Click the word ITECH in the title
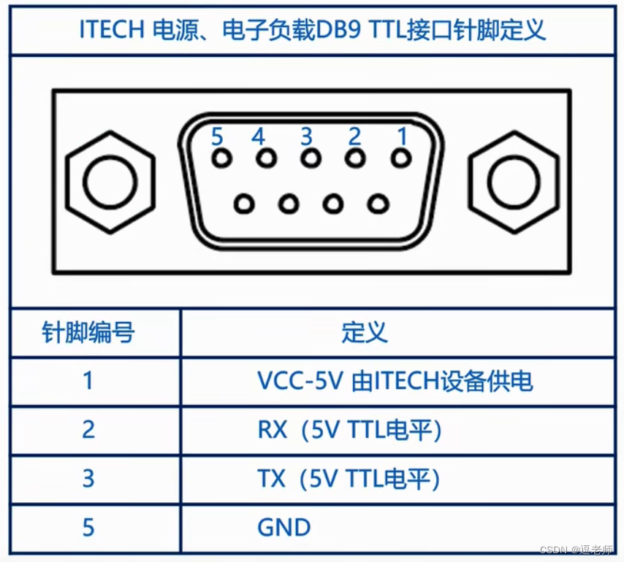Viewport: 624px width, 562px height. click(112, 31)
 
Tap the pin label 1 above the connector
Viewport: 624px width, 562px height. click(400, 136)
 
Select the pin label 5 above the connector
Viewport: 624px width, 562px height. click(216, 136)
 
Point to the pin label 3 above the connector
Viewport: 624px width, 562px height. click(307, 136)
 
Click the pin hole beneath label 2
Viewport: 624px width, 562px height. click(355, 158)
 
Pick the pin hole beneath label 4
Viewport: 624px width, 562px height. click(266, 158)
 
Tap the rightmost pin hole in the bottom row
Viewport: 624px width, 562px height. click(378, 203)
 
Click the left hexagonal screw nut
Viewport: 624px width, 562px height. click(110, 181)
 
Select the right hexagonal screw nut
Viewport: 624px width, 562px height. click(514, 181)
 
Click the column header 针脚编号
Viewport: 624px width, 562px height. click(88, 334)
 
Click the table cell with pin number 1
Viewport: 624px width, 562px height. click(88, 381)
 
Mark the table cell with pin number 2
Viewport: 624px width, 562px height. click(88, 430)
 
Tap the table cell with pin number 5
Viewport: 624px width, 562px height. click(88, 528)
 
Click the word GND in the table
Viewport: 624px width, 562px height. click(284, 528)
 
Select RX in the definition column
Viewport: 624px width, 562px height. click(273, 430)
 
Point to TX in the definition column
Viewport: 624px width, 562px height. click(272, 479)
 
